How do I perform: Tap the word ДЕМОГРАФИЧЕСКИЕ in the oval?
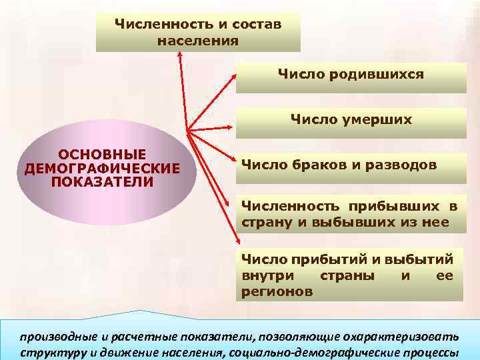coord(102,168)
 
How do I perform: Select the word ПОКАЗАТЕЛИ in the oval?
coord(102,181)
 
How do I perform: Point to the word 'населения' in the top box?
coord(198,41)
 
